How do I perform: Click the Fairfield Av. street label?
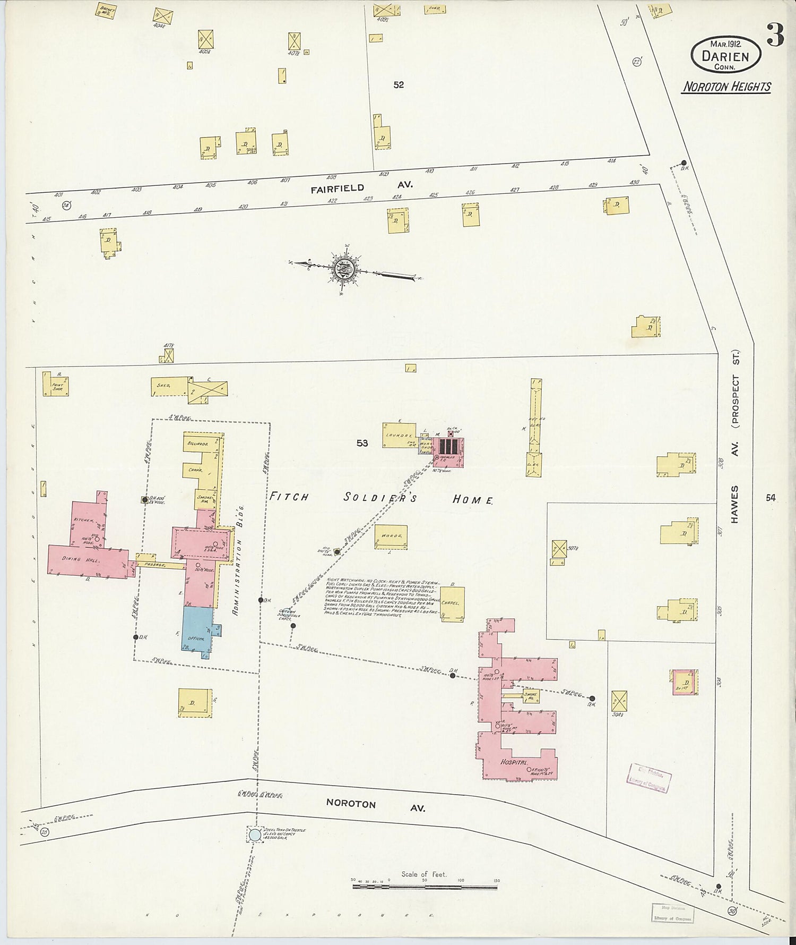(x=361, y=186)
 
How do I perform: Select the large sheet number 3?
(x=775, y=37)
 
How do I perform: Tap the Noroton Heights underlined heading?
(x=726, y=87)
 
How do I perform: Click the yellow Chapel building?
(x=452, y=603)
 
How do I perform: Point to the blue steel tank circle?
(x=255, y=835)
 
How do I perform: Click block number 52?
(x=399, y=84)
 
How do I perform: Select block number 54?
(x=771, y=498)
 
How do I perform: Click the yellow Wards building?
(x=391, y=536)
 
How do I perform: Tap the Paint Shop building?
(x=56, y=384)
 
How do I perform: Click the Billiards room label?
(x=197, y=442)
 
